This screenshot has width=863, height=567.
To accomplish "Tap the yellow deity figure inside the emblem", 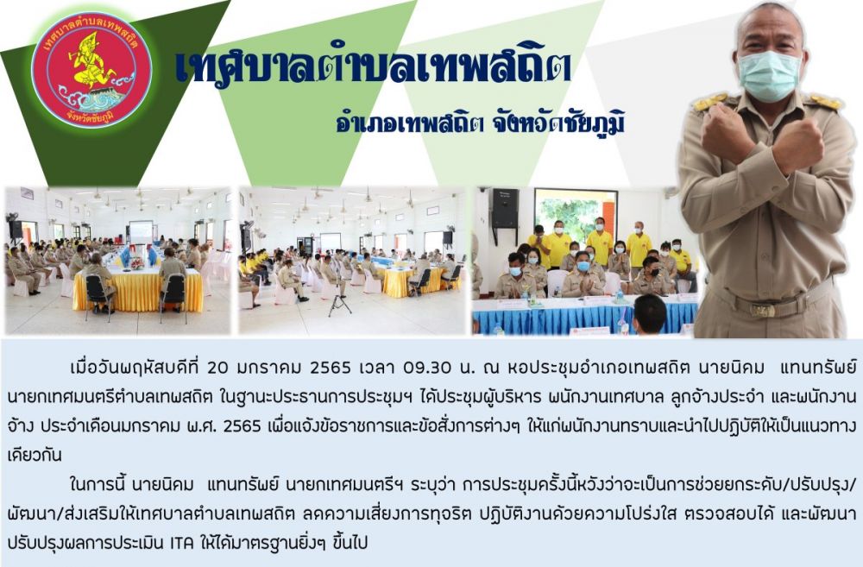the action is pyautogui.click(x=91, y=61).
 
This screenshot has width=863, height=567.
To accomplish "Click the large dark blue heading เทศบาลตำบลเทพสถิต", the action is pyautogui.click(x=373, y=66).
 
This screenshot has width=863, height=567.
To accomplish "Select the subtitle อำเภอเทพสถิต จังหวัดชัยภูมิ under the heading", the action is pyautogui.click(x=481, y=124).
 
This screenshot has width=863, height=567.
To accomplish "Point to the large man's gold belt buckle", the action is pyautogui.click(x=763, y=310).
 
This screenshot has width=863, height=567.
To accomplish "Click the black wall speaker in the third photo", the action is pyautogui.click(x=505, y=208).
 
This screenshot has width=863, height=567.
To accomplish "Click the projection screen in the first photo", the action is pyautogui.click(x=141, y=232).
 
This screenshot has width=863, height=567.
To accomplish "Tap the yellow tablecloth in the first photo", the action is pyautogui.click(x=138, y=290).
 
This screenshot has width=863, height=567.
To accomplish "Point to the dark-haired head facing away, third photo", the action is pyautogui.click(x=650, y=314).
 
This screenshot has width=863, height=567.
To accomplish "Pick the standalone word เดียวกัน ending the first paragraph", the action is pyautogui.click(x=35, y=456).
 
